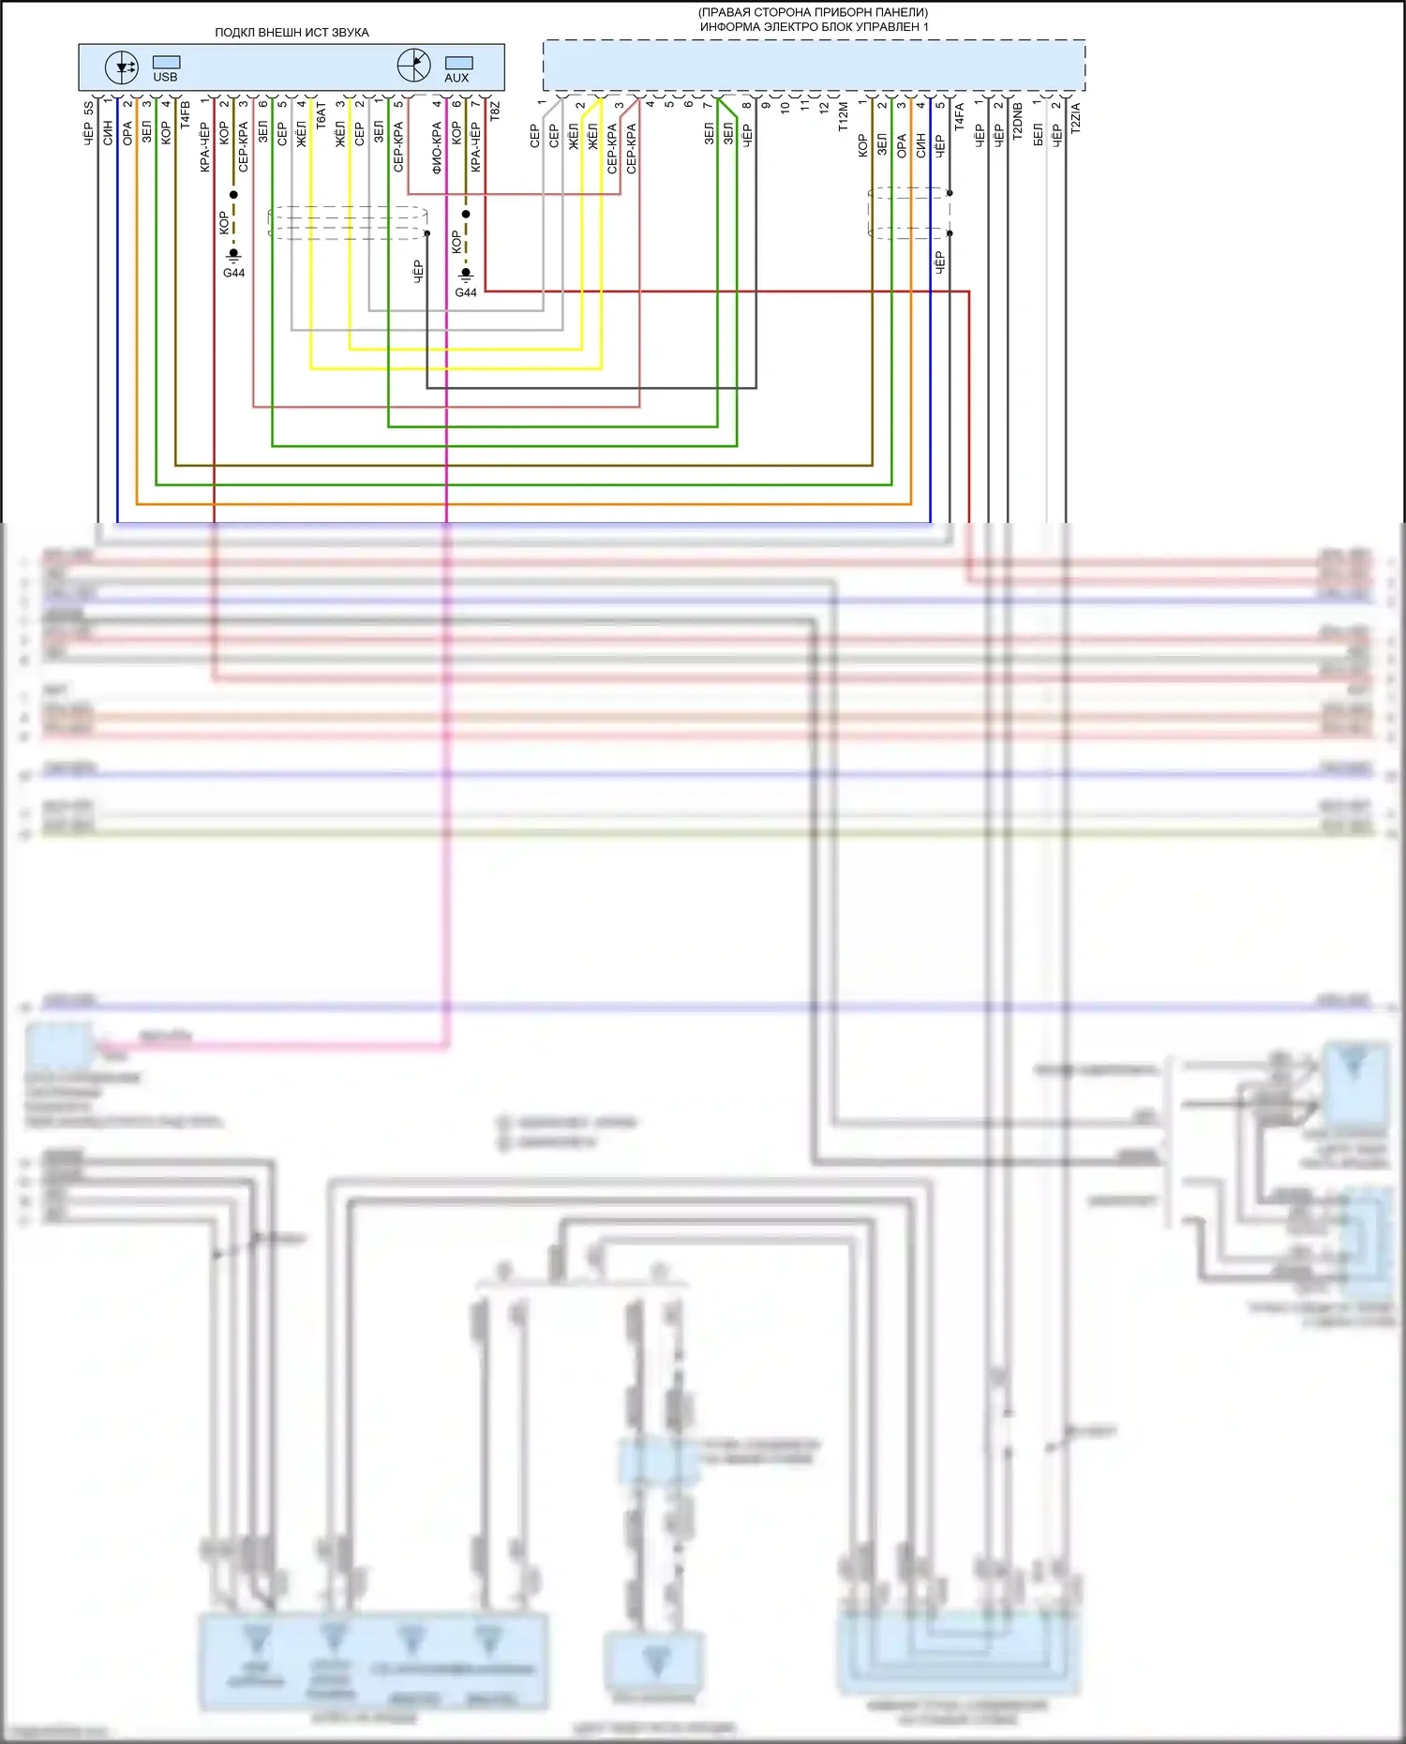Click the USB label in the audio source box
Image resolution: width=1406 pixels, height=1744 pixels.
click(165, 77)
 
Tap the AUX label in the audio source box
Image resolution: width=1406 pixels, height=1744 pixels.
click(456, 78)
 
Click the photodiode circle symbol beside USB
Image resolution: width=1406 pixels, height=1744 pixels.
click(122, 67)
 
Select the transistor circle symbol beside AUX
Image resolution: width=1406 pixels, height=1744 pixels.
click(413, 66)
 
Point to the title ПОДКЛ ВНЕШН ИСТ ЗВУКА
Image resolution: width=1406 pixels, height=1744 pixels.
click(292, 32)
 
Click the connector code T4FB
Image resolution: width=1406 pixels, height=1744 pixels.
click(186, 114)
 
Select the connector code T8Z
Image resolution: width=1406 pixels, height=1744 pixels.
click(496, 112)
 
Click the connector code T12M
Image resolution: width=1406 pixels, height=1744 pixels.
click(844, 116)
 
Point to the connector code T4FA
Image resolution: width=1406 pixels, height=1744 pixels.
click(960, 115)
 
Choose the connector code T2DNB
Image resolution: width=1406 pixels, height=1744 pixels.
click(1018, 121)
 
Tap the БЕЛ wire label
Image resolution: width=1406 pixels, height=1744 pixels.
click(1038, 135)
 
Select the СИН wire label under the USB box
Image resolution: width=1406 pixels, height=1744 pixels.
click(108, 132)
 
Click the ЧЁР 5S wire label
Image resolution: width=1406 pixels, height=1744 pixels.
click(89, 123)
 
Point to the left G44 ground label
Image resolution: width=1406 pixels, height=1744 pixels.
click(233, 273)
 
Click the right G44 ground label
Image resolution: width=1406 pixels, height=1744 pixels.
click(466, 292)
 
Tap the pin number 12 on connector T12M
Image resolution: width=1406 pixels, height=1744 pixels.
click(824, 108)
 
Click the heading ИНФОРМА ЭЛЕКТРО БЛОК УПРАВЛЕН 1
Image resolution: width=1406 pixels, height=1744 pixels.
click(814, 27)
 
